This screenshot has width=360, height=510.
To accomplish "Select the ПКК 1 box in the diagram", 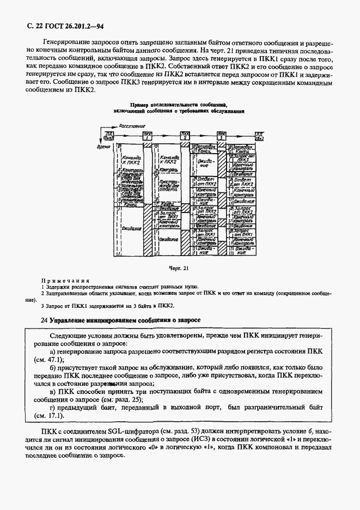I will [148, 135].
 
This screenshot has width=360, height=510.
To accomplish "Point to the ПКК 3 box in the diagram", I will [222, 135].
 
